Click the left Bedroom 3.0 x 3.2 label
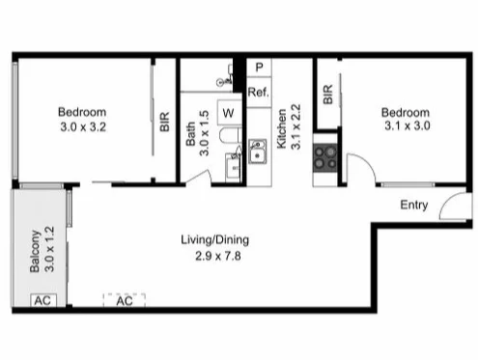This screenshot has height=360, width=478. (81, 118)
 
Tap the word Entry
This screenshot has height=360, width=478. (414, 205)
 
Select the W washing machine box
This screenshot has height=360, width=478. (229, 113)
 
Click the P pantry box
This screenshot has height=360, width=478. (259, 69)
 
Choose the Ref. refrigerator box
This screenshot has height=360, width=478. (258, 92)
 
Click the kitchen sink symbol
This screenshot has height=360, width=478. (258, 152)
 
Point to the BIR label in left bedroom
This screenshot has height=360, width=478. (164, 121)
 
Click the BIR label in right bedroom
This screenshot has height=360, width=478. (328, 94)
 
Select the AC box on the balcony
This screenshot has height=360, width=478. (41, 300)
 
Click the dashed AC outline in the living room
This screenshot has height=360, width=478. (124, 300)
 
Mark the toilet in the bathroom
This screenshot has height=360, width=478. (232, 166)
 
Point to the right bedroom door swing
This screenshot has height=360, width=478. (362, 171)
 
